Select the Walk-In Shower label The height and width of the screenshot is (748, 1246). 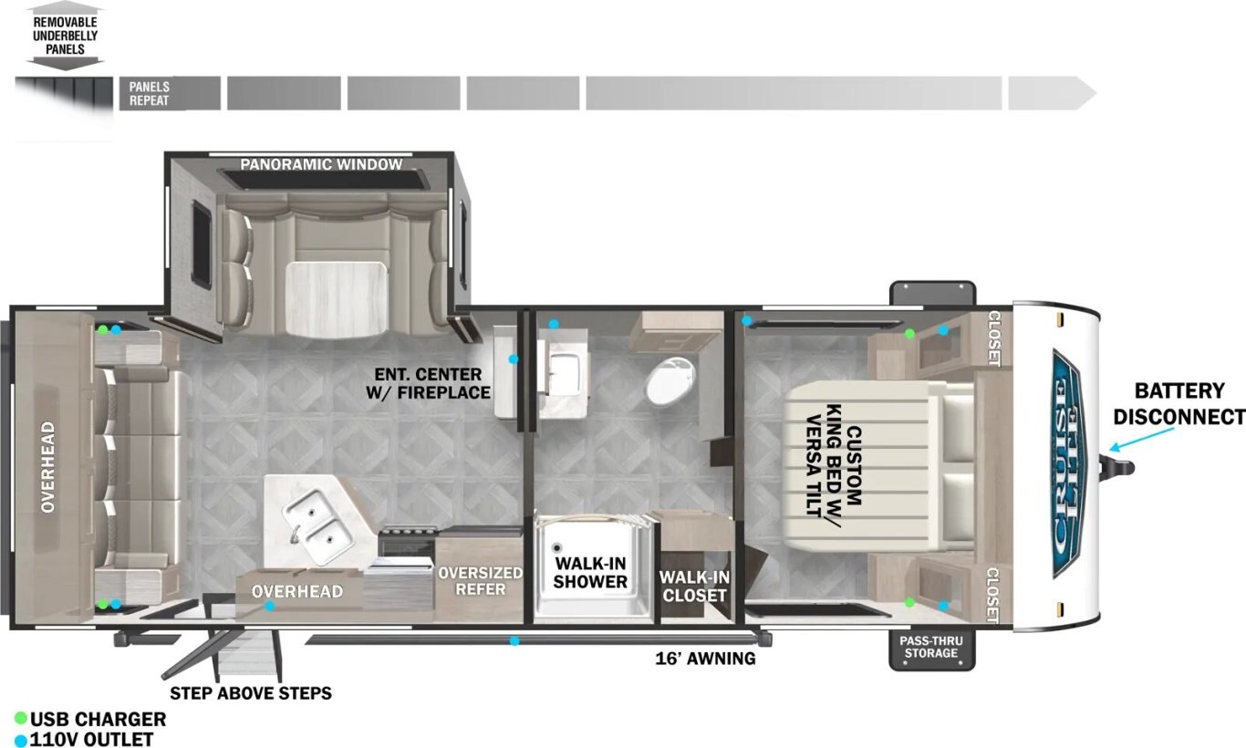click(x=590, y=572)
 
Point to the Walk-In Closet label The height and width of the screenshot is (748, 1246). click(x=694, y=587)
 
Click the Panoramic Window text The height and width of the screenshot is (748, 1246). click(x=321, y=164)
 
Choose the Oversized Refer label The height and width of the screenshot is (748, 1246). click(x=480, y=580)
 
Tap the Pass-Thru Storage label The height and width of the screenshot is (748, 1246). click(x=931, y=647)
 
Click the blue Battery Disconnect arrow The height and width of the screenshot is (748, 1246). click(x=1141, y=438)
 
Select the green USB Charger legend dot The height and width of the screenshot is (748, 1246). click(x=21, y=718)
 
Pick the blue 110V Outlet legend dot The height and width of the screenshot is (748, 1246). click(x=21, y=741)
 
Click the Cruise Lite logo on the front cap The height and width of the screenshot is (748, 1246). click(x=1066, y=463)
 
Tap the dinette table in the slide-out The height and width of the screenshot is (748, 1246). click(x=336, y=298)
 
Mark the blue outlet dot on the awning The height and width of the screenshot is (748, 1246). click(x=515, y=641)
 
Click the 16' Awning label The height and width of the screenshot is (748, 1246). click(x=705, y=659)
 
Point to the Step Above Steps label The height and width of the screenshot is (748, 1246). click(x=250, y=693)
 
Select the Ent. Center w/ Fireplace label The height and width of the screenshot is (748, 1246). click(x=429, y=383)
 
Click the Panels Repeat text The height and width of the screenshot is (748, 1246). click(x=149, y=93)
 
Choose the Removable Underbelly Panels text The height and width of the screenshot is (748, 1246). click(x=65, y=36)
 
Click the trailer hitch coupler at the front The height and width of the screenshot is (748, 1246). click(x=1118, y=467)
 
